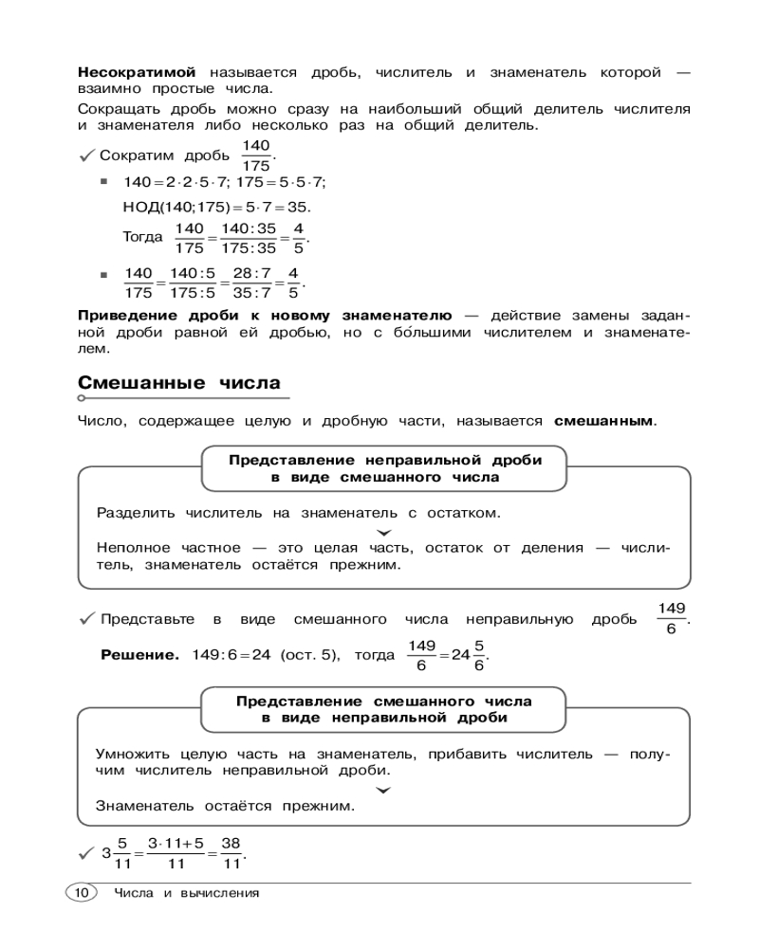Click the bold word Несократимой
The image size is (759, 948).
pyautogui.click(x=137, y=72)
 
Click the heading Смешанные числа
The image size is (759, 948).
pyautogui.click(x=178, y=383)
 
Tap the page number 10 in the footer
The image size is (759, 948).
pyautogui.click(x=81, y=892)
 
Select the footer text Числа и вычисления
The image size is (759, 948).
pyautogui.click(x=187, y=893)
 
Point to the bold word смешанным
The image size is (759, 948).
pyautogui.click(x=603, y=420)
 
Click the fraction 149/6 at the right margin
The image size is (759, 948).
pyautogui.click(x=672, y=618)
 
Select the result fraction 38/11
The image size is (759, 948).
pyautogui.click(x=231, y=852)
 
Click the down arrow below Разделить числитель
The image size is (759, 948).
pyautogui.click(x=383, y=532)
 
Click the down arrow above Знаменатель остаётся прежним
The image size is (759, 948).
pyautogui.click(x=383, y=789)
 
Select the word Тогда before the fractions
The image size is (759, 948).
pyautogui.click(x=142, y=237)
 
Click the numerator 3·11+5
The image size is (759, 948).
pyautogui.click(x=176, y=842)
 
